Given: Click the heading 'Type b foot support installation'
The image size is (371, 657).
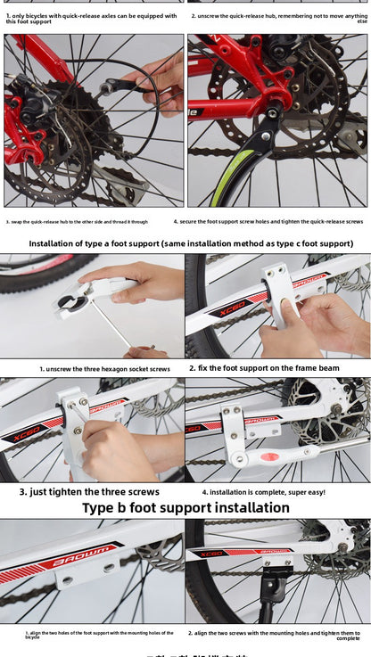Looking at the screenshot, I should [x=185, y=507].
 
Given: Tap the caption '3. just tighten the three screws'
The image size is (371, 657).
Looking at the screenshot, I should [x=89, y=491].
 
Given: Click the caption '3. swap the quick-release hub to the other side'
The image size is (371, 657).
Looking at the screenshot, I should [x=77, y=221].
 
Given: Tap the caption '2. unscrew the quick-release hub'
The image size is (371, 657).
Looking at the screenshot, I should [x=278, y=17].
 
